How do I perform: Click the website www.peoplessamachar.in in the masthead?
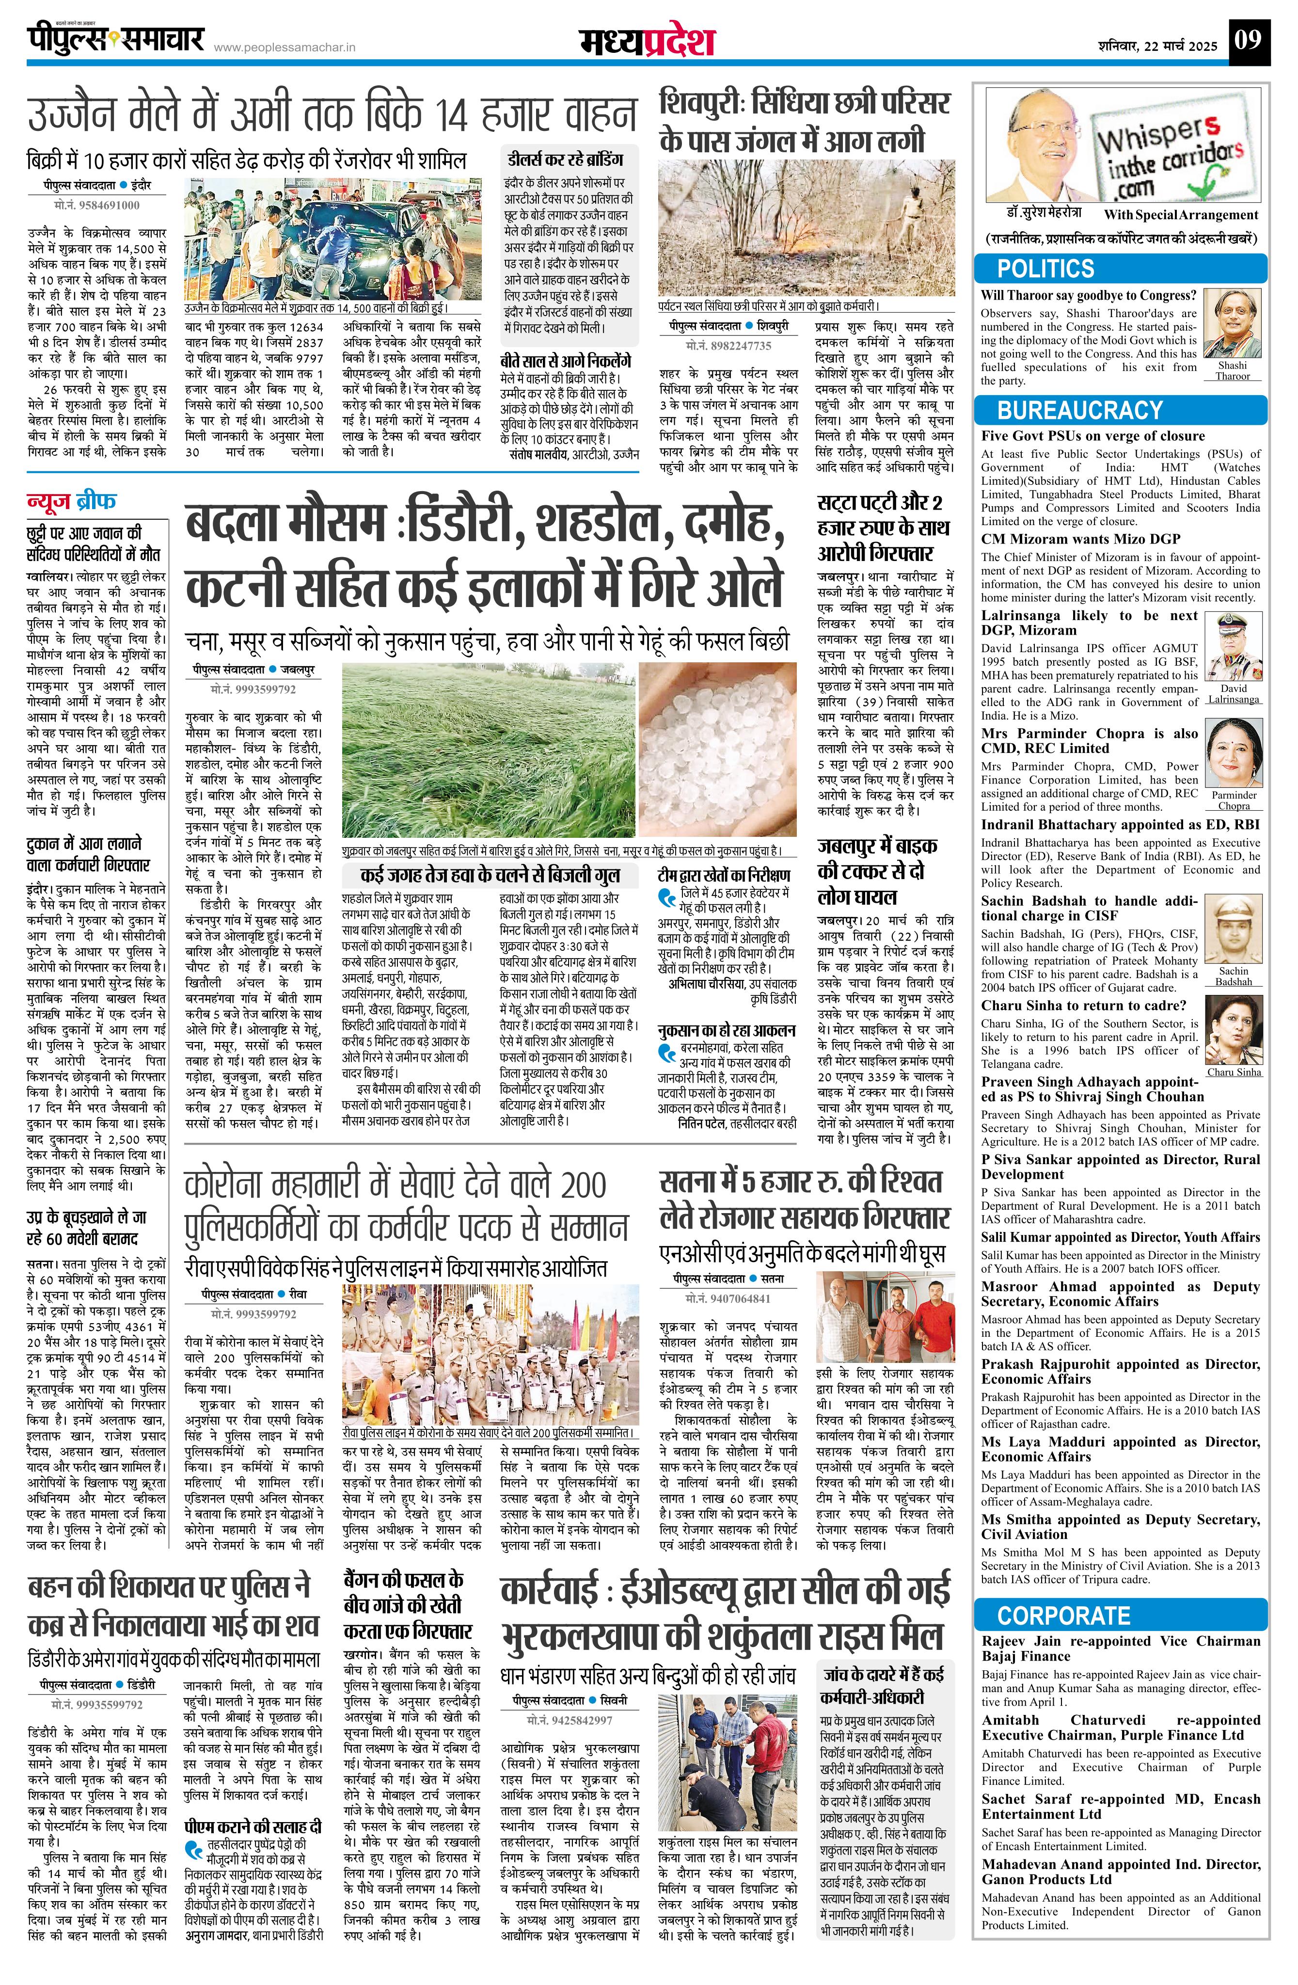coord(285,48)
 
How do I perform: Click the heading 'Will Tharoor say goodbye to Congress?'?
coord(1088,295)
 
